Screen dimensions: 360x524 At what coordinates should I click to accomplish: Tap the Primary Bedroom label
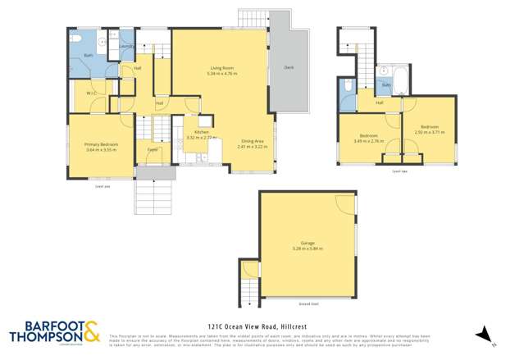102,144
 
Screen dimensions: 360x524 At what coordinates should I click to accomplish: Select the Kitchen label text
202,132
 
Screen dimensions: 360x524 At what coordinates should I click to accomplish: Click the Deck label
288,67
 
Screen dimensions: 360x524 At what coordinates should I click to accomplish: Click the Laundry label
126,47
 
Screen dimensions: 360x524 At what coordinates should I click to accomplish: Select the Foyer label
153,150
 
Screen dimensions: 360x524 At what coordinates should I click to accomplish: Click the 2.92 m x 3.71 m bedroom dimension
428,132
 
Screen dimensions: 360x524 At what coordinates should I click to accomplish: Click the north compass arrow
484,333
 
